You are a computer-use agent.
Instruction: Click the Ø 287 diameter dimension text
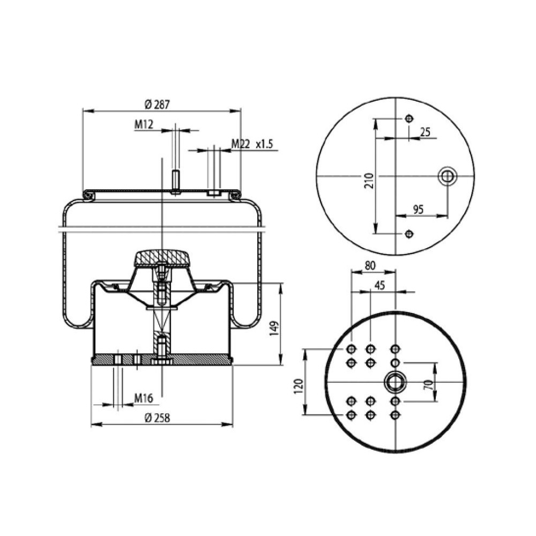158,105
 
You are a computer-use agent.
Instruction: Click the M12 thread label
144,125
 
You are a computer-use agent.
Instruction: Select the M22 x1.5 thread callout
252,144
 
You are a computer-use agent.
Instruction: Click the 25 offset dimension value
425,131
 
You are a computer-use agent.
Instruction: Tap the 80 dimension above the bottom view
370,265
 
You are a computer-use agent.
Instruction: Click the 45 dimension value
379,285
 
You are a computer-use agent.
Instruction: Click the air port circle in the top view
446,176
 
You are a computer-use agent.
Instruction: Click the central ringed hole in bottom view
396,382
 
